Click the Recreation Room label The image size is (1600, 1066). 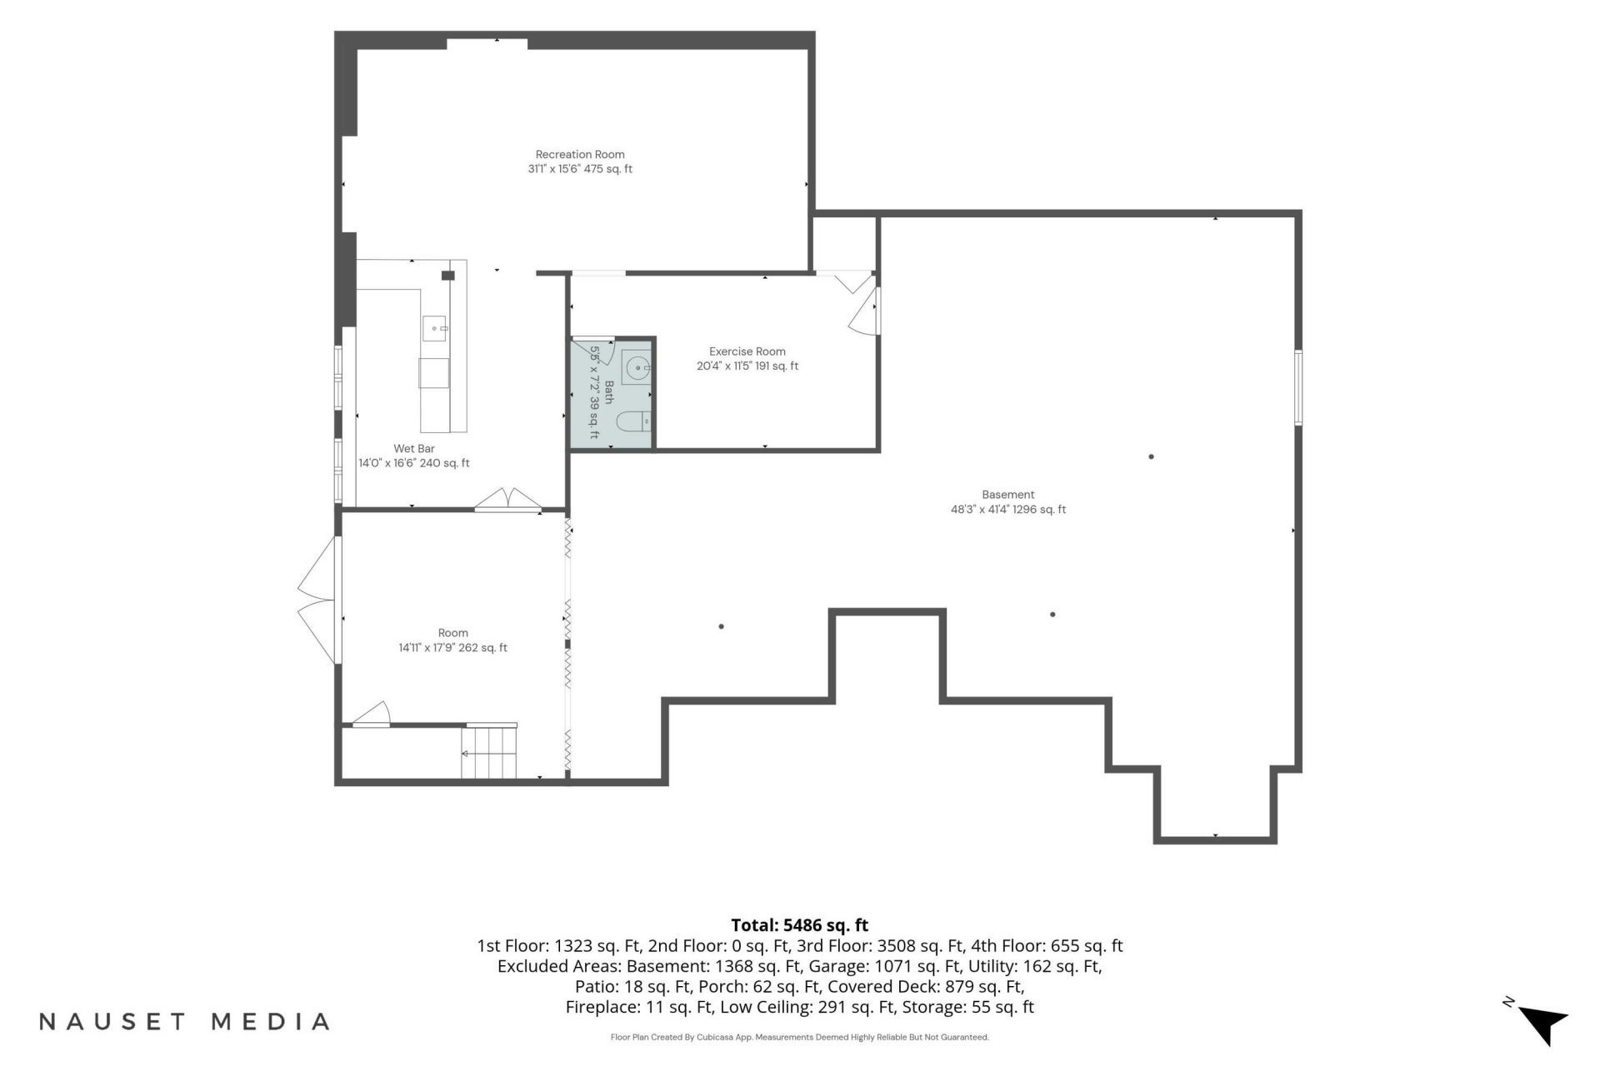(580, 154)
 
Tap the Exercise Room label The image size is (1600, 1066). (747, 351)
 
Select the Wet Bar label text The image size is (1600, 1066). (414, 449)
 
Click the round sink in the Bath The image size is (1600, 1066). (637, 367)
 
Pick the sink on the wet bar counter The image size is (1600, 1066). (434, 329)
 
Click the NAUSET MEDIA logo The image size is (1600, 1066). (184, 1022)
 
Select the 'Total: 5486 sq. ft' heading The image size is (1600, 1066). (799, 925)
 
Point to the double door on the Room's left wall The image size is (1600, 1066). (318, 600)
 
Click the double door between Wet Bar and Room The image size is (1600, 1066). (508, 500)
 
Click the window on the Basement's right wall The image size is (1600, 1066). (1298, 387)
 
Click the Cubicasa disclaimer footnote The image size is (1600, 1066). (799, 1038)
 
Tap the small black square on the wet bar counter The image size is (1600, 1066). (448, 276)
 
